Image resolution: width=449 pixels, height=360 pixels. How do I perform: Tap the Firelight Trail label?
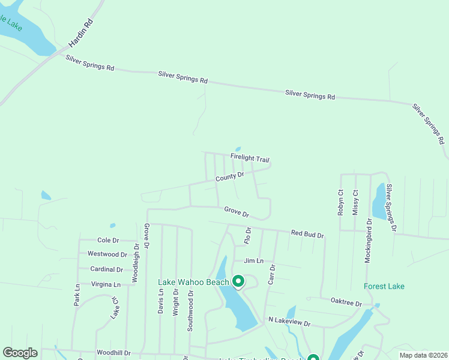(x=250, y=158)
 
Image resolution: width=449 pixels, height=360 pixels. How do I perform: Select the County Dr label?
(x=230, y=176)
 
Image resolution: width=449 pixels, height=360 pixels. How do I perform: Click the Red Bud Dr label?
(x=307, y=234)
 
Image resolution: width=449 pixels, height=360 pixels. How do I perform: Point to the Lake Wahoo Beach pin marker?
(x=238, y=281)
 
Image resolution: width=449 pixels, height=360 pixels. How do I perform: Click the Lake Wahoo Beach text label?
(x=193, y=283)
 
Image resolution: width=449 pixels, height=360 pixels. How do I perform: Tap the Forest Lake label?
(x=384, y=286)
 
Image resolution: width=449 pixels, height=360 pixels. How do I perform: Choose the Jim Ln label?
(x=253, y=261)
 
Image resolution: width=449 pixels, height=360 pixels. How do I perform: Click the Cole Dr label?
(x=108, y=240)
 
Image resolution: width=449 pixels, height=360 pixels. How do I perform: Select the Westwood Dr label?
(x=107, y=254)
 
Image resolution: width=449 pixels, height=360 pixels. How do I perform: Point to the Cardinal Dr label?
(x=106, y=269)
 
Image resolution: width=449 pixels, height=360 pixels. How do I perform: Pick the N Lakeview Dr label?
(x=289, y=322)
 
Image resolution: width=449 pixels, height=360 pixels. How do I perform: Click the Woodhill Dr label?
(x=112, y=353)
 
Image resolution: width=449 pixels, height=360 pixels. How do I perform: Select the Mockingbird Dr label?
(x=369, y=240)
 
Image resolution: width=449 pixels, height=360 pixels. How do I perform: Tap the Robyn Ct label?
(x=340, y=202)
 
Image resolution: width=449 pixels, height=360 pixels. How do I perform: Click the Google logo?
(x=20, y=353)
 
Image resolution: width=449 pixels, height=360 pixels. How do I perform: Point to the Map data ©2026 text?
(x=423, y=355)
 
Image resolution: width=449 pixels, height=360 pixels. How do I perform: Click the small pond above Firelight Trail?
(x=238, y=149)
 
